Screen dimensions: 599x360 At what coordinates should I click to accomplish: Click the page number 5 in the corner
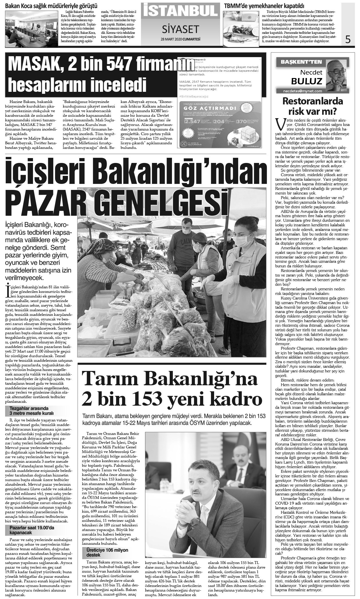(x=348, y=39)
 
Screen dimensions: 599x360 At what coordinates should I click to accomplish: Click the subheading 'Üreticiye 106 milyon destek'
(x=107, y=553)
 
